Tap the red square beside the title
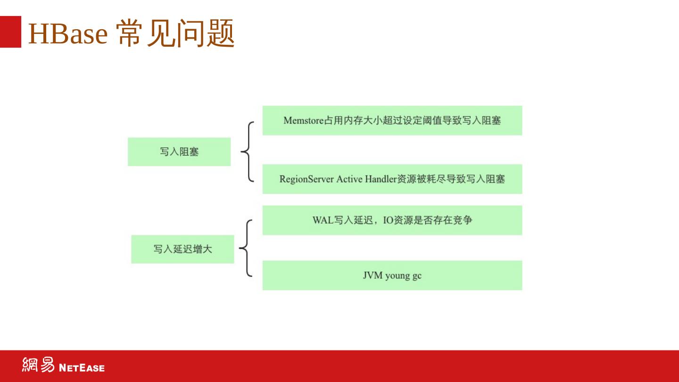pos(10,32)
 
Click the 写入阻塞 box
pos(179,152)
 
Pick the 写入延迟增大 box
pos(182,249)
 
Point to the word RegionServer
pos(306,179)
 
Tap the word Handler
pos(381,179)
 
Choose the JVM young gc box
pos(392,275)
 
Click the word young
pos(397,276)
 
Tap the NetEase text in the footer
pos(82,367)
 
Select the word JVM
pos(372,275)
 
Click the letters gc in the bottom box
pos(417,276)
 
